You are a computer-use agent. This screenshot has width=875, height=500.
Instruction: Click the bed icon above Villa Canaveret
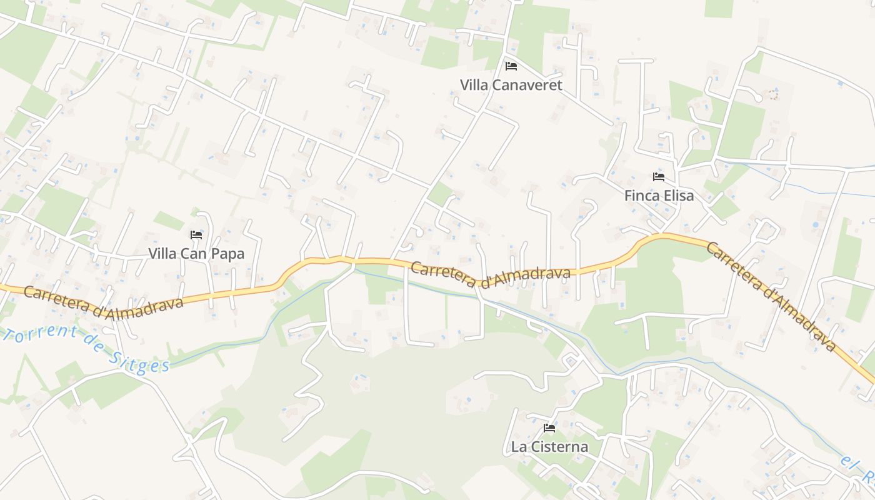point(511,66)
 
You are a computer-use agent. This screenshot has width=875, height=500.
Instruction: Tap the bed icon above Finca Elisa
point(659,177)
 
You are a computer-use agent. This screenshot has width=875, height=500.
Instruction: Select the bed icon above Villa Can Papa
point(196,235)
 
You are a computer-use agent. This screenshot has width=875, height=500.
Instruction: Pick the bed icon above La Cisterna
point(549,428)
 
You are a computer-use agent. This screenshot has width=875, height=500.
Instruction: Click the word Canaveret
point(529,85)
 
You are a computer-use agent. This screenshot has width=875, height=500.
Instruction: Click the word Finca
point(641,196)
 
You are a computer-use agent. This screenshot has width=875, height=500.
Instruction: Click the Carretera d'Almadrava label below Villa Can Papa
point(103,302)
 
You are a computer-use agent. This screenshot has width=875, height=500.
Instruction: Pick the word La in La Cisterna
point(518,447)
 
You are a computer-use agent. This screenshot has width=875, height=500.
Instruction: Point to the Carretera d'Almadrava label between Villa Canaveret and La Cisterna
point(491,274)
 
